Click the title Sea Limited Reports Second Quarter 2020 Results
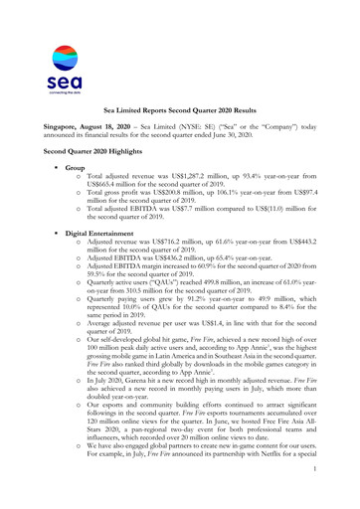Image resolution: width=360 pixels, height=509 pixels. pyautogui.click(x=180, y=115)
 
